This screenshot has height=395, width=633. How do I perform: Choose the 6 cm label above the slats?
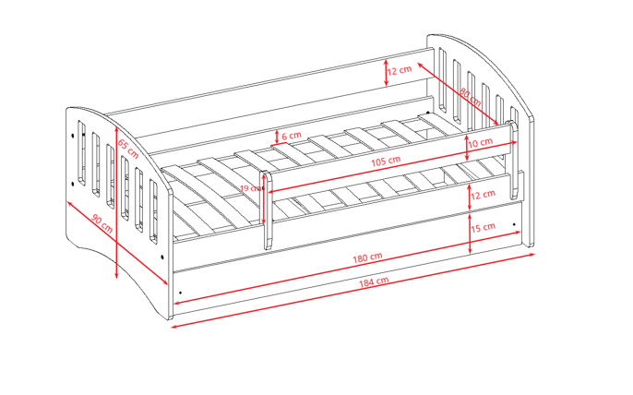292,136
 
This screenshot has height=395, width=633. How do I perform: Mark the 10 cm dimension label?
480,144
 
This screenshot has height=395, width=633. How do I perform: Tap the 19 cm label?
250,188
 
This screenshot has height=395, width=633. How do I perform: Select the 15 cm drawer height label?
483,227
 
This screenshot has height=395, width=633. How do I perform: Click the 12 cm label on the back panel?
400,70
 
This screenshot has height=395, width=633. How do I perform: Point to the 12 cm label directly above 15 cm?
483,195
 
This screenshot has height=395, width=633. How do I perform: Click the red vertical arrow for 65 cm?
116,203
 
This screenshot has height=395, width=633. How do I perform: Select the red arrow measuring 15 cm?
471,233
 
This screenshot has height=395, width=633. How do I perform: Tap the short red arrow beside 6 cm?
275,137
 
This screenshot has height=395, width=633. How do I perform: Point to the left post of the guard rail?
268,210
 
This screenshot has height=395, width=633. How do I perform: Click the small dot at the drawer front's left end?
180,292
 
